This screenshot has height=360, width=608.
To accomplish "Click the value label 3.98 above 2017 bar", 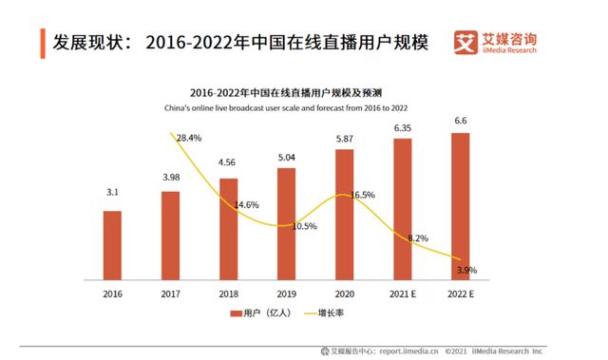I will tap(170, 179).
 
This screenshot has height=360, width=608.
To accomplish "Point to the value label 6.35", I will tap(402, 126).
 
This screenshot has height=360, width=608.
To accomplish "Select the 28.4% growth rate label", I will tap(189, 139).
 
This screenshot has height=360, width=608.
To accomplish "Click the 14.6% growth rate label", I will tap(247, 204).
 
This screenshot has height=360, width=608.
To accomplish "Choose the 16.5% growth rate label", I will tap(362, 195).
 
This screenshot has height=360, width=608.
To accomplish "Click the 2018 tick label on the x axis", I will tap(228, 294).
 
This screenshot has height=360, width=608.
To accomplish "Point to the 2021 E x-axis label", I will tap(402, 294).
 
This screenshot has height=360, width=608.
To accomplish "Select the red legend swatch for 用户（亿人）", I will tap(236, 313).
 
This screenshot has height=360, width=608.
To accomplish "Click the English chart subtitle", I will tap(287, 108).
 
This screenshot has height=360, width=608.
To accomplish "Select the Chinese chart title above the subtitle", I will tap(286, 93).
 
